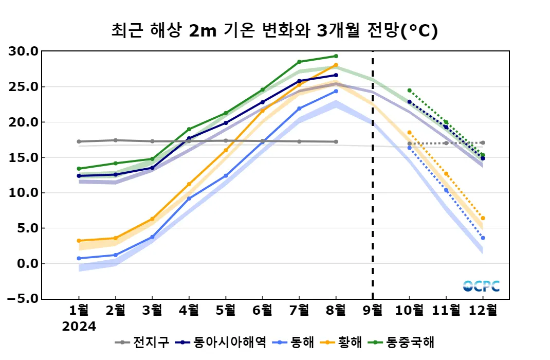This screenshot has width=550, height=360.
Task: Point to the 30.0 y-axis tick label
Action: (x=24, y=51)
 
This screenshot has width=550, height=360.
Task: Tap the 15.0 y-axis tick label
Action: (x=24, y=157)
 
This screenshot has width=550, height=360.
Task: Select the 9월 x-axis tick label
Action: (x=373, y=311)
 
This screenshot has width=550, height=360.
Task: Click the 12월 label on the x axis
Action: (x=483, y=311)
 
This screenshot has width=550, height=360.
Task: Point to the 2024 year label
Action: (x=79, y=327)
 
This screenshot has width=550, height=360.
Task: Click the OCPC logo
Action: (x=481, y=286)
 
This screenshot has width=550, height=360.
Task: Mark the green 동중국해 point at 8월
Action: (x=336, y=56)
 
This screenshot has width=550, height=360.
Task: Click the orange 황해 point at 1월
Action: (x=79, y=241)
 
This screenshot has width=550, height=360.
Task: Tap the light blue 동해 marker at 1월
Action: (x=79, y=258)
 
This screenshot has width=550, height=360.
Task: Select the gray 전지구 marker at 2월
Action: (x=115, y=140)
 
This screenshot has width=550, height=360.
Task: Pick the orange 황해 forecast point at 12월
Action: (x=483, y=219)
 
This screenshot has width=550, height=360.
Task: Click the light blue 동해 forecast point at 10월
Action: (x=409, y=148)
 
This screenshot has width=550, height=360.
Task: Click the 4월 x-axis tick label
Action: (x=189, y=311)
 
